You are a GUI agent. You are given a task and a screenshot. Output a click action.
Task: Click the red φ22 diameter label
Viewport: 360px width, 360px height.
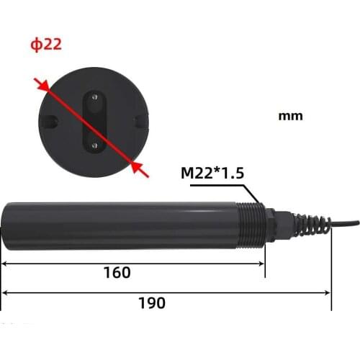click(45, 45)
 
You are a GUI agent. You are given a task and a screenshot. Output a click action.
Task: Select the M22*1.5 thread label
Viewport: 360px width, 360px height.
click(212, 173)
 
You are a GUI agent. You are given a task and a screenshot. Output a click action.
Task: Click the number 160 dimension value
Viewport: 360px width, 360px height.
click(117, 273)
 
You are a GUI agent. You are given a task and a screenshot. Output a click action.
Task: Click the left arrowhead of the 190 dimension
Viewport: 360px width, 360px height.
click(6, 293)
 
